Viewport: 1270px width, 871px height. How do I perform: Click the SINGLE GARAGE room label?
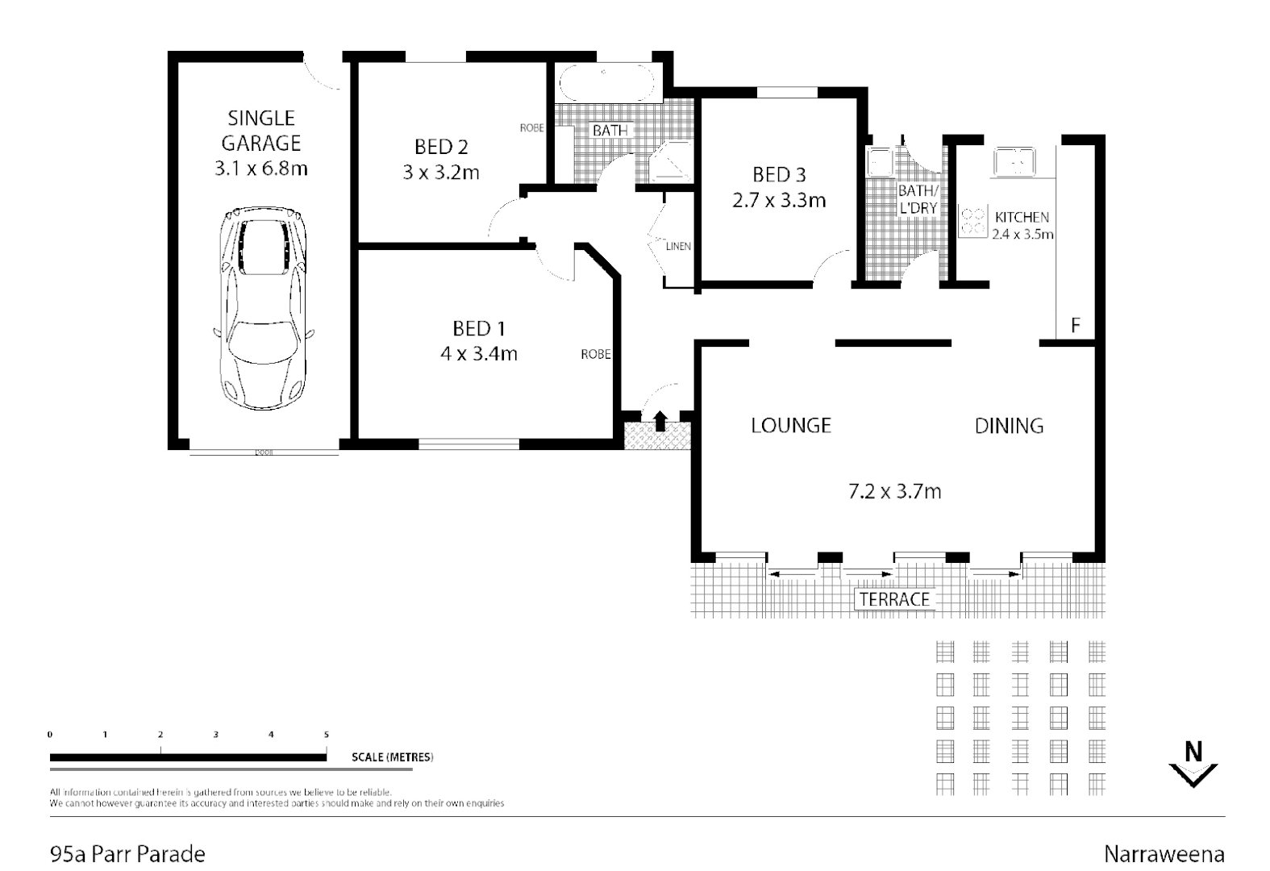click(x=261, y=131)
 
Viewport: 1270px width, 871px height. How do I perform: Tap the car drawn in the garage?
click(x=261, y=306)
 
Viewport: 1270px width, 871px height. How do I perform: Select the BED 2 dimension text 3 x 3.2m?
click(x=441, y=172)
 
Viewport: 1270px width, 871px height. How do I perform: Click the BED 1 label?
click(x=478, y=328)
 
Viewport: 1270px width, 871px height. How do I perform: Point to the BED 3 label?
click(x=778, y=174)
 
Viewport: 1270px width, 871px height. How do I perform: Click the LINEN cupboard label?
click(x=678, y=246)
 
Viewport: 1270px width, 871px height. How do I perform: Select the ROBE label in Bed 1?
click(x=596, y=354)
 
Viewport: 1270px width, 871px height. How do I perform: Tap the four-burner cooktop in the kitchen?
click(x=973, y=221)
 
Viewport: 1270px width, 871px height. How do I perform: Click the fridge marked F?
click(x=1075, y=326)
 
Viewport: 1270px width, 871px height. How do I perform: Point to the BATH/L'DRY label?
click(x=918, y=199)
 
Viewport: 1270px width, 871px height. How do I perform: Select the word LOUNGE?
click(x=790, y=425)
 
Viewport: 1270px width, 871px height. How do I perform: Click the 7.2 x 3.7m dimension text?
click(x=894, y=490)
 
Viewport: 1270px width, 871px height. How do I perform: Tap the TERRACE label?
click(x=894, y=599)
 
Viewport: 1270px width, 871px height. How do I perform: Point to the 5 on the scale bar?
click(x=326, y=735)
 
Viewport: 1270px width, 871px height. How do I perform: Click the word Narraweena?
click(x=1164, y=853)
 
